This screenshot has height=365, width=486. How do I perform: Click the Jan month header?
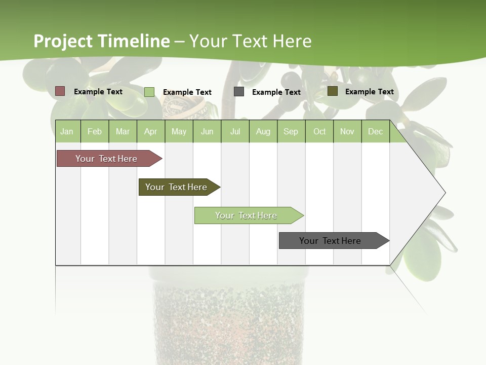pyautogui.click(x=67, y=131)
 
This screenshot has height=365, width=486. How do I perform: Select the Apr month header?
pyautogui.click(x=150, y=131)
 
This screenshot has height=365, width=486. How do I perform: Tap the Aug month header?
pyautogui.click(x=263, y=131)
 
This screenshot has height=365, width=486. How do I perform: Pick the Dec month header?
pyautogui.click(x=375, y=131)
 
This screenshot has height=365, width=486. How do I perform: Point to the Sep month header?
pyautogui.click(x=291, y=131)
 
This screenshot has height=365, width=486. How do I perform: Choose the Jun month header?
pyautogui.click(x=207, y=131)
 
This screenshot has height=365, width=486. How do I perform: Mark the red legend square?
pyautogui.click(x=60, y=91)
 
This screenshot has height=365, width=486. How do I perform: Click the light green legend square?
pyautogui.click(x=149, y=92)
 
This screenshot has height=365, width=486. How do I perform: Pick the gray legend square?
pyautogui.click(x=238, y=91)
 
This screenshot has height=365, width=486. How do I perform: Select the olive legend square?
pyautogui.click(x=332, y=91)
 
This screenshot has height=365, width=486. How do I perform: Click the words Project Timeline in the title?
pyautogui.click(x=101, y=41)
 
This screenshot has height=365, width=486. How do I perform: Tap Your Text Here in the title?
pyautogui.click(x=250, y=41)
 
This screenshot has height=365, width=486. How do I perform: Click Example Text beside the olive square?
pyautogui.click(x=369, y=92)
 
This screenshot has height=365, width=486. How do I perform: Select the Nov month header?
pyautogui.click(x=347, y=131)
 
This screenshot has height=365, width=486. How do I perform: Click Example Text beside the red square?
pyautogui.click(x=98, y=92)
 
